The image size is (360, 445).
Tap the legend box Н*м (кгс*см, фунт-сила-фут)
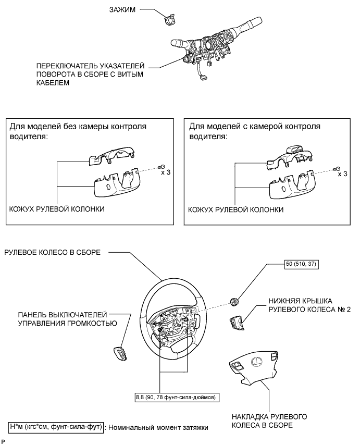click(56, 427)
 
